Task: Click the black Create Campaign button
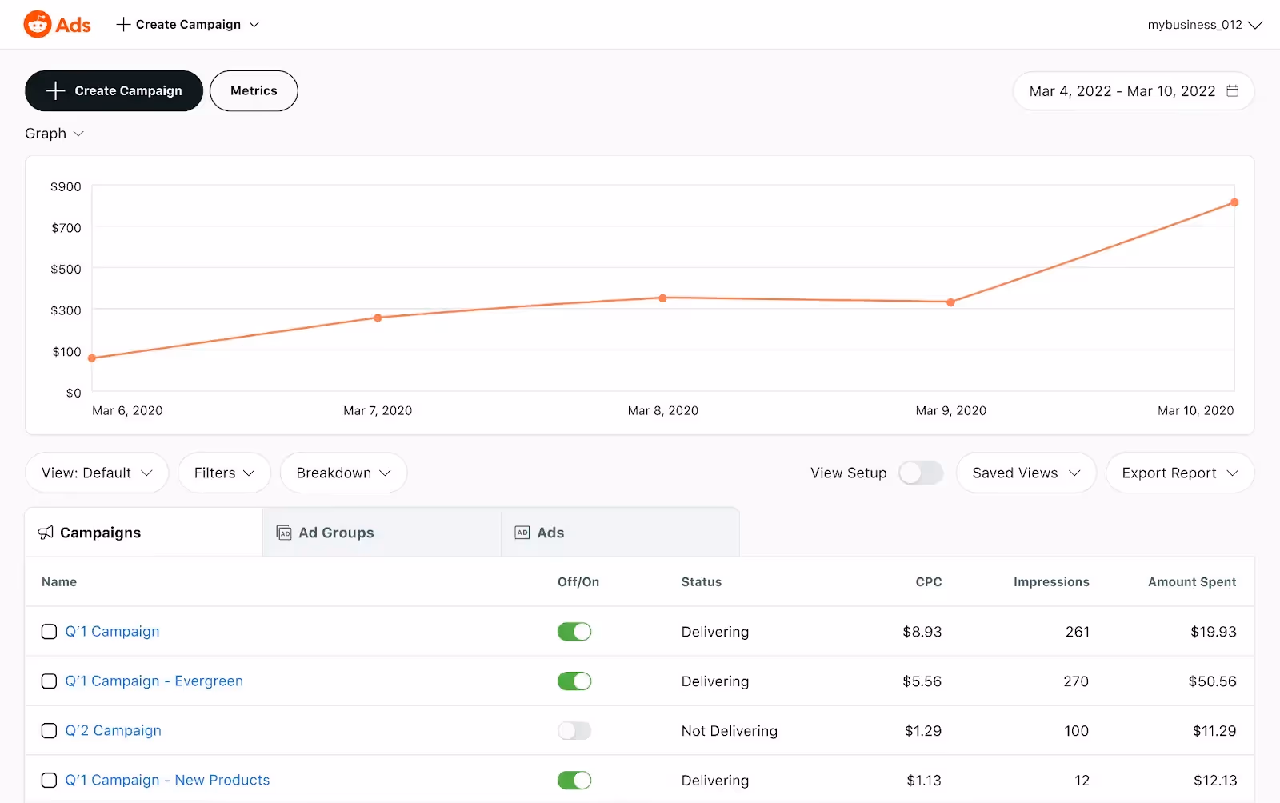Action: (114, 91)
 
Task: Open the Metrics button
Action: (254, 91)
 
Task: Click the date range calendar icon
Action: (1233, 91)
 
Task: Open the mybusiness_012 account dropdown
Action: (1204, 25)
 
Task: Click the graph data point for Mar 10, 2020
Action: (1234, 202)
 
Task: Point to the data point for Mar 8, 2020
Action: (662, 298)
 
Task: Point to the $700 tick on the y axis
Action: (66, 228)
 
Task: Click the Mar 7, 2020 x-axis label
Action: (378, 411)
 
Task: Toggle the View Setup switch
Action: (920, 473)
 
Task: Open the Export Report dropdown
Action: (1179, 473)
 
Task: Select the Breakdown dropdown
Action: (343, 473)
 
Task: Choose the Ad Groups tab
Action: (336, 533)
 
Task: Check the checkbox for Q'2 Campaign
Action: (49, 731)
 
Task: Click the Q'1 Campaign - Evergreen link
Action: (154, 681)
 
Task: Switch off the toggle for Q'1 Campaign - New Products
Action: (574, 781)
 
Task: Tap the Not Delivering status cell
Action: (729, 731)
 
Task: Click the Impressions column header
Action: (1050, 582)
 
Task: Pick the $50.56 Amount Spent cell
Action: (1212, 681)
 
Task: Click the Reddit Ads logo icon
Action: (38, 25)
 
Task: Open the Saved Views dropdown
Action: (1026, 473)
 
